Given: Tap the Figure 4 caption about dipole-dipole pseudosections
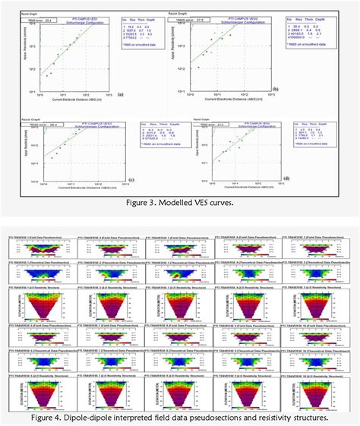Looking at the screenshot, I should point(180,416).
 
